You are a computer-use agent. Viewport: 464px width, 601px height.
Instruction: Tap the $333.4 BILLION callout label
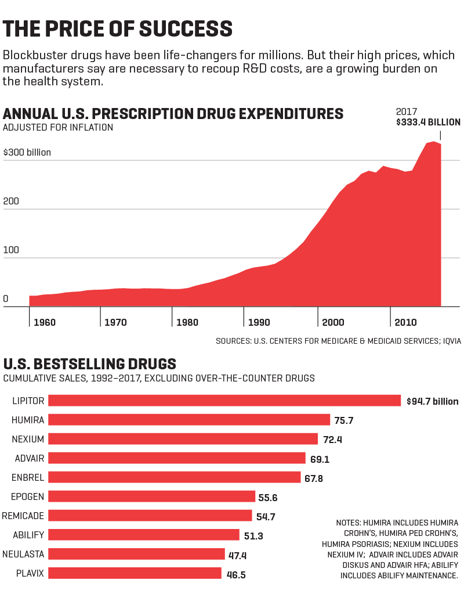coord(428,123)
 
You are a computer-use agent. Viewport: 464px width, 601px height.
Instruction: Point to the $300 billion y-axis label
coord(27,153)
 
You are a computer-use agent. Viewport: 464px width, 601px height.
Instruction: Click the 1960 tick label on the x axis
coord(45,322)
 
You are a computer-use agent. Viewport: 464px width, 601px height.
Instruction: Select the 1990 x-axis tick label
coord(259,322)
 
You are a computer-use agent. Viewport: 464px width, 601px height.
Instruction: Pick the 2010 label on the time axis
coord(405,322)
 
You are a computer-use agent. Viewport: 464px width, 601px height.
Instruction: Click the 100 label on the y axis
coord(11,250)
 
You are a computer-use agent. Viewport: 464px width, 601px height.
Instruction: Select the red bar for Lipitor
coord(224,401)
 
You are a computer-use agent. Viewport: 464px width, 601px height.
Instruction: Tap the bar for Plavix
coord(135,573)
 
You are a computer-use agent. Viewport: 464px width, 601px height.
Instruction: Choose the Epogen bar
coord(151,496)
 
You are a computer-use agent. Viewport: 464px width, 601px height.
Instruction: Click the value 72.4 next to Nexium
coord(332,440)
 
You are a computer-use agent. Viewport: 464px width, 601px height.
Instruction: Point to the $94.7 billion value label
coord(432,401)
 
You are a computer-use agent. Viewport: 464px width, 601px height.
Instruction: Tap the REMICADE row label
coord(23,516)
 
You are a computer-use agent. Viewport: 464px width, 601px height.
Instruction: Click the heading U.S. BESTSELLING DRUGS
coord(90,364)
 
